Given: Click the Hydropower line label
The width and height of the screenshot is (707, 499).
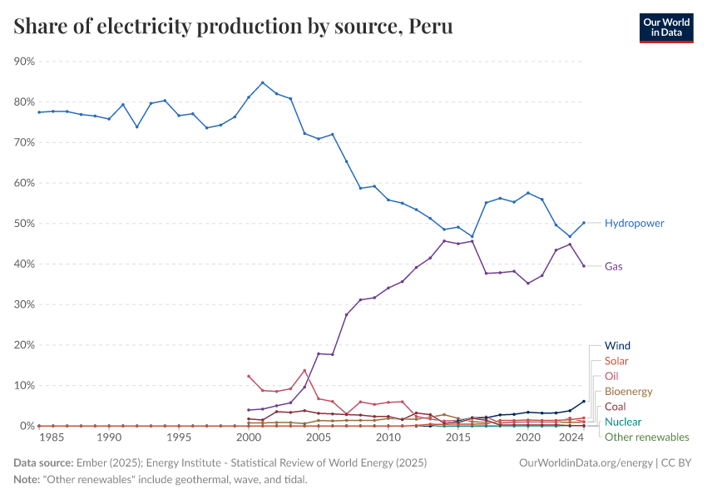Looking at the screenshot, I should click(x=634, y=224).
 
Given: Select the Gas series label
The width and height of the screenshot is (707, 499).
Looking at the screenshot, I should click(x=614, y=267).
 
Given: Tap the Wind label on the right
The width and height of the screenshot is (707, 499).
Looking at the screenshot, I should click(x=617, y=346).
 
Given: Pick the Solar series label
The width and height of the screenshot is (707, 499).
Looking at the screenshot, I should click(x=616, y=362).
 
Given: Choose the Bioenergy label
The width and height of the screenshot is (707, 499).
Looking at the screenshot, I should click(x=628, y=392).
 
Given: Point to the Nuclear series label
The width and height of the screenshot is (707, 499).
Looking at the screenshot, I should click(x=622, y=422).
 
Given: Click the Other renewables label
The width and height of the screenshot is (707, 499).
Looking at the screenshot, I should click(x=646, y=437).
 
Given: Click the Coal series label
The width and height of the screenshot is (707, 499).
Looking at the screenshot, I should click(x=615, y=407).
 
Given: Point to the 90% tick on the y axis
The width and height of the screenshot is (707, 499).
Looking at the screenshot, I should click(x=24, y=62).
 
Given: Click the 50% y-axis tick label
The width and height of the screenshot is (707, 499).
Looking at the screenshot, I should click(x=24, y=224).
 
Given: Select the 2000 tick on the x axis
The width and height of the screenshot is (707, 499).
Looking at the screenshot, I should click(x=249, y=437).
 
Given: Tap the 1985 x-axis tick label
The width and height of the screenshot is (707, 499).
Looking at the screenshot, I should click(x=53, y=437).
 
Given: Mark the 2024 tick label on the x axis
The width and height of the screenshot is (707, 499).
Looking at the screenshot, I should click(x=571, y=437).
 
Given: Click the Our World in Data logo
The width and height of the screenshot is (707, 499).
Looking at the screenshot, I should click(x=665, y=27).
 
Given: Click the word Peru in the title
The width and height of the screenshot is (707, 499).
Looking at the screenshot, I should click(x=430, y=27).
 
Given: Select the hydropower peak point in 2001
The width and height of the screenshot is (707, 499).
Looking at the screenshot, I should click(x=263, y=82).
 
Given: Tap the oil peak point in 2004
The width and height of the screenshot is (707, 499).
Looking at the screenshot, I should click(x=304, y=370).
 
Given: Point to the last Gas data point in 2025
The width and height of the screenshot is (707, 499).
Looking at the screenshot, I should click(x=584, y=266).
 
